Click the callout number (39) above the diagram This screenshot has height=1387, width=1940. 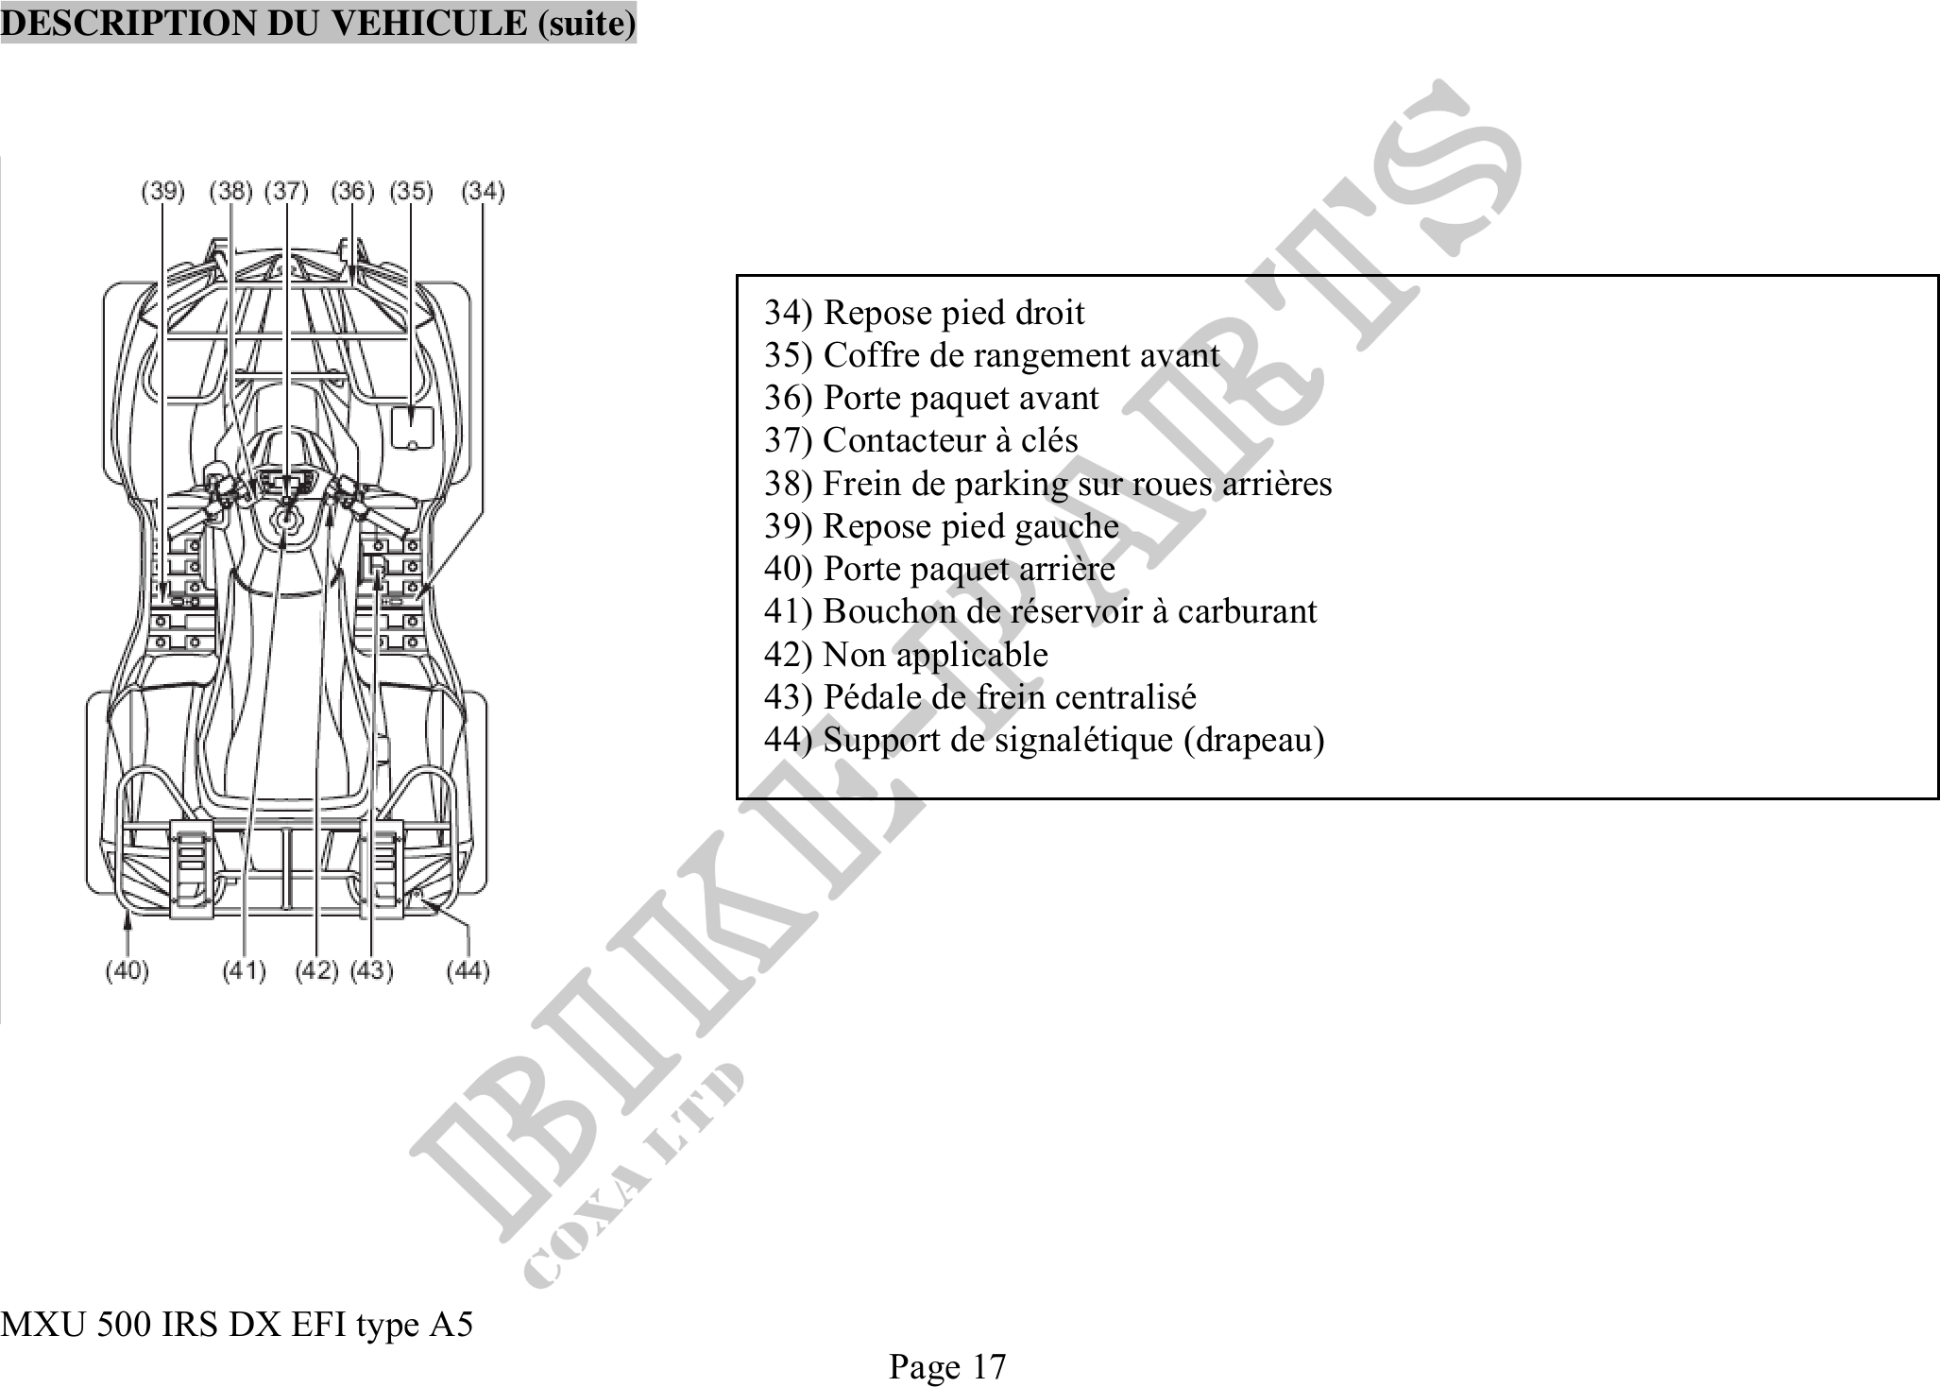(162, 192)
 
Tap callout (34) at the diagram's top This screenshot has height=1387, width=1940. (483, 192)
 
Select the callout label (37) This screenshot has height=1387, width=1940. (286, 192)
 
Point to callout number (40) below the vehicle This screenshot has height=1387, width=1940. (127, 970)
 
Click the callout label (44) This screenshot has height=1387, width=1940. (468, 970)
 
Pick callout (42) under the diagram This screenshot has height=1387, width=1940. (316, 970)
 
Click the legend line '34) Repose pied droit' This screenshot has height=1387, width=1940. (924, 313)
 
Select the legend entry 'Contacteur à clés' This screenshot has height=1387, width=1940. (949, 440)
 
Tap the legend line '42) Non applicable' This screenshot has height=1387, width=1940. (905, 654)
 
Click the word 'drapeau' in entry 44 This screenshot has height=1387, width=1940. (1253, 740)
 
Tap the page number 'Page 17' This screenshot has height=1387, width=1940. (947, 1366)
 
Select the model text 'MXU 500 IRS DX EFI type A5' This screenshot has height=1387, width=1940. (236, 1325)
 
